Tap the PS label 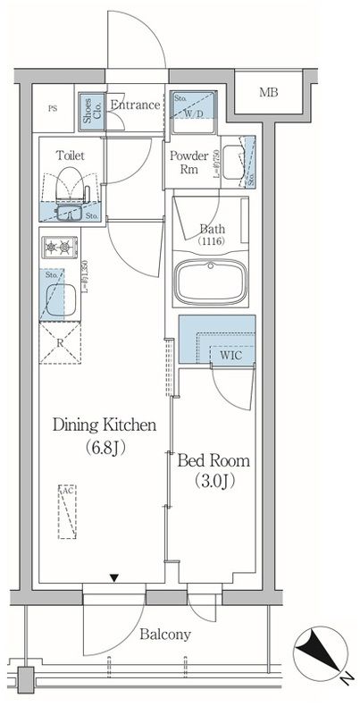[x=53, y=109]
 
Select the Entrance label [x=135, y=105]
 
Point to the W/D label [x=194, y=114]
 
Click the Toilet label [x=70, y=155]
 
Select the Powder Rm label [x=189, y=160]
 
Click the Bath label [x=211, y=228]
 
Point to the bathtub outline [x=213, y=282]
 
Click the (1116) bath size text [x=211, y=242]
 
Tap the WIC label [x=230, y=355]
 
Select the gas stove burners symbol [x=59, y=246]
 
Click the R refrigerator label [x=59, y=342]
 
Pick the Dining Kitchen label [x=105, y=425]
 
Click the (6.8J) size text [x=105, y=448]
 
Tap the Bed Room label [x=213, y=461]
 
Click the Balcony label [x=164, y=635]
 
